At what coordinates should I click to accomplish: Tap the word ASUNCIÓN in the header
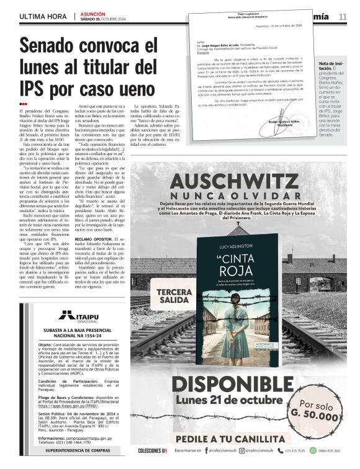[x=93, y=12]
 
